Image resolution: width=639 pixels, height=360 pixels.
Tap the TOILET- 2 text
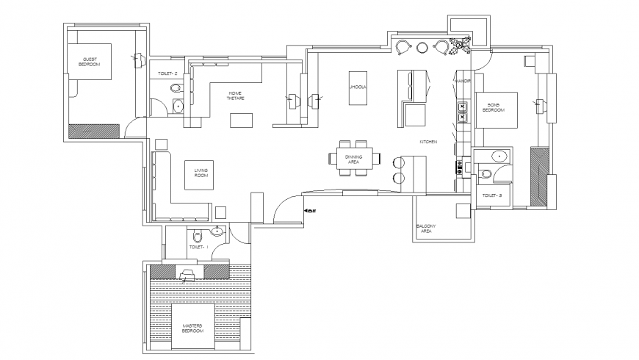coord(169,74)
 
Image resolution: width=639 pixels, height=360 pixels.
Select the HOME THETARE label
coord(236,96)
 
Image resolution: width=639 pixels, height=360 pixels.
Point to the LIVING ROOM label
coord(201,173)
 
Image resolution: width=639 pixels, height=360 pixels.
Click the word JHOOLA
coord(358,87)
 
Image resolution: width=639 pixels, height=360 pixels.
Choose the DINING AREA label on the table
coord(354,159)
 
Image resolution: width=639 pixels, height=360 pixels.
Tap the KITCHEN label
coord(429,141)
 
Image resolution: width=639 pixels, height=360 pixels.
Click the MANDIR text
coord(463,80)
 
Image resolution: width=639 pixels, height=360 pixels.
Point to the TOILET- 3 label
coord(491,196)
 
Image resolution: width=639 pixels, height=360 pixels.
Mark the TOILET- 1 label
coord(198,248)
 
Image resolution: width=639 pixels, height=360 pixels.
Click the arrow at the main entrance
coord(308,212)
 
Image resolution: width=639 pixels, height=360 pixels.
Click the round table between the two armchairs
coord(422,48)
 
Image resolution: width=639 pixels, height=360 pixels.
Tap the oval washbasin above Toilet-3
coord(499,156)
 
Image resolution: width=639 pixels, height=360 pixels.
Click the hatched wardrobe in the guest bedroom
coord(93,131)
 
